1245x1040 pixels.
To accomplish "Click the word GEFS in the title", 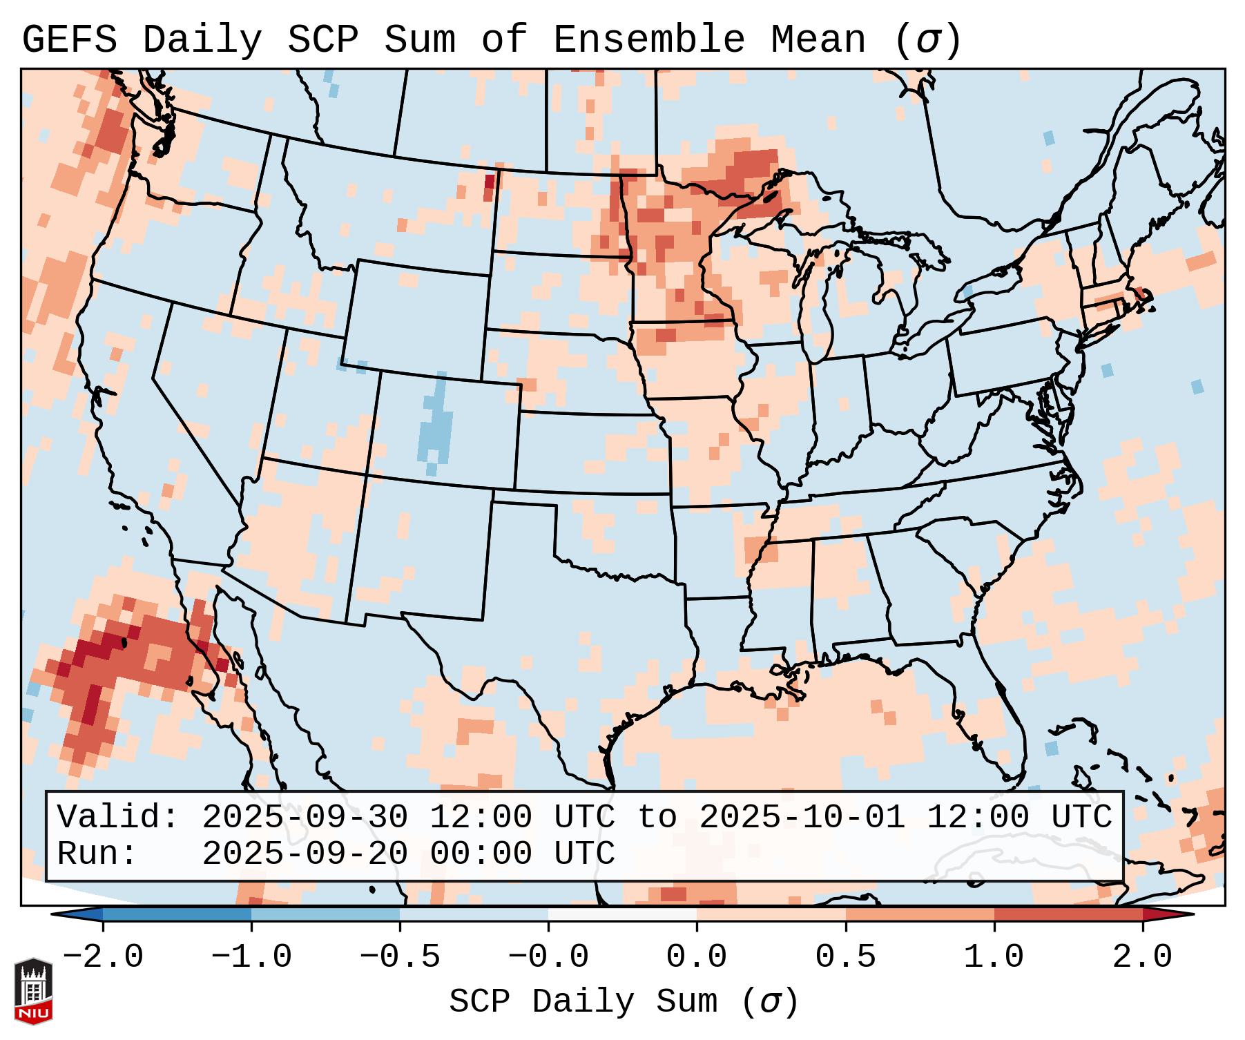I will pos(69,40).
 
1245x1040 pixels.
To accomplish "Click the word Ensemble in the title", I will pos(648,40).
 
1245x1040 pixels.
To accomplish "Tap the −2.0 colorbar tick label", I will pos(103,957).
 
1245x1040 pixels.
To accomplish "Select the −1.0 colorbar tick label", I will pos(251,957).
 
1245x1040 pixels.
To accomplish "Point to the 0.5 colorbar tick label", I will pos(845,957).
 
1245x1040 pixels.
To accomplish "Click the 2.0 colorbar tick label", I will pos(1142,957).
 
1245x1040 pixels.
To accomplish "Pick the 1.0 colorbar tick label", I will pos(994,957).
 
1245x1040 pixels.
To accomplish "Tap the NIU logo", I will pos(33,990).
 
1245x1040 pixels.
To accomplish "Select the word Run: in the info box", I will pos(97,854).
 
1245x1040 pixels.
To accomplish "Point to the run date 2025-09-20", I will pos(305,854).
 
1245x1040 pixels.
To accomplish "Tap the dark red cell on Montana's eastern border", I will pos(490,182).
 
